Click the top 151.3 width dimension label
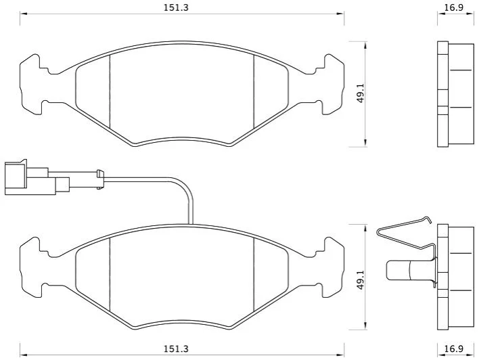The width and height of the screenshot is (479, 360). [176, 7]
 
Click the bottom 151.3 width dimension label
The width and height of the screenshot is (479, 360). [176, 348]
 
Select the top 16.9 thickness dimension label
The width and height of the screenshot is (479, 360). [454, 7]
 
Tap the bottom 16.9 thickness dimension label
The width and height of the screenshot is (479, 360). [454, 348]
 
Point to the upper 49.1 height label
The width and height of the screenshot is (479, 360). [361, 93]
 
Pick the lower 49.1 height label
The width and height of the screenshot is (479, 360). [361, 280]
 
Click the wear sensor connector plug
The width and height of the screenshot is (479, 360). [37, 177]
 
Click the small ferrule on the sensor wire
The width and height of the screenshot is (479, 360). [100, 179]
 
